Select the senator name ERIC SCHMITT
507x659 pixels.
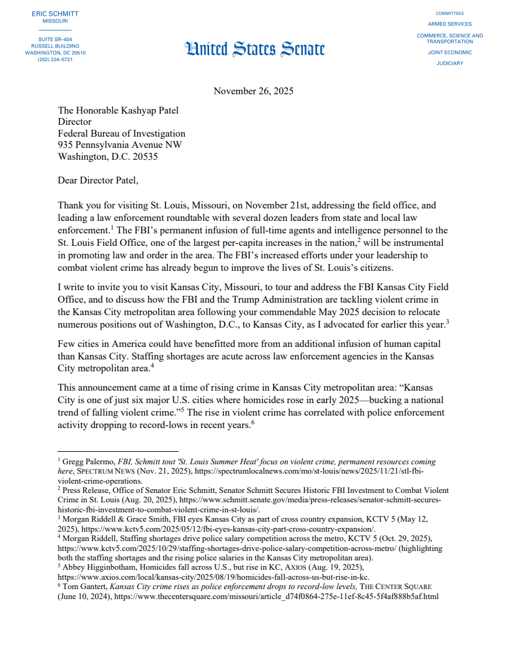point(55,13)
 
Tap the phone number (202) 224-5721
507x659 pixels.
point(55,60)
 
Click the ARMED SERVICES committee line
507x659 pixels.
point(450,24)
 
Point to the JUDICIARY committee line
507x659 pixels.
point(450,64)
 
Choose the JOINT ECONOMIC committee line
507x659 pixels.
point(450,52)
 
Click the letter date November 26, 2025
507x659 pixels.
point(253,91)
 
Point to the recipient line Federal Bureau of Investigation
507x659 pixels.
point(122,134)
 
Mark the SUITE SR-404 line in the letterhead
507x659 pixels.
point(55,39)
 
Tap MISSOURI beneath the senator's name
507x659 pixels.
point(55,21)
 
